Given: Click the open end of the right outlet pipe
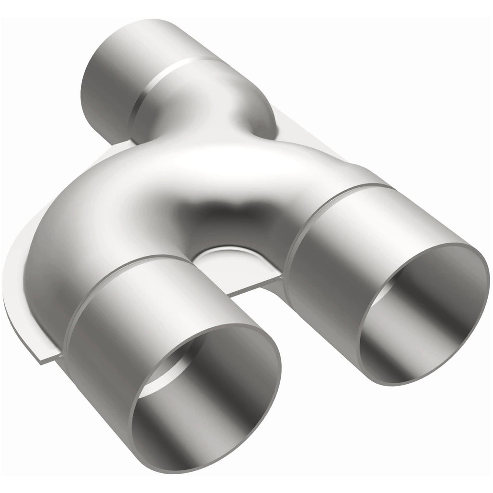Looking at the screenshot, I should click(424, 313).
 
